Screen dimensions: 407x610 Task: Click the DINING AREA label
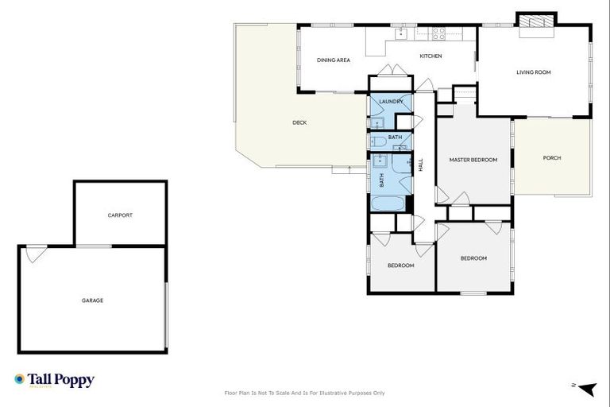coord(333,60)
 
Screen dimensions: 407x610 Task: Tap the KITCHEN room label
coord(430,56)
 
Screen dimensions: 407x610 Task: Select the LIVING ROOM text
coord(533,72)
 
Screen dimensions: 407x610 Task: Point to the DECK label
coord(299,122)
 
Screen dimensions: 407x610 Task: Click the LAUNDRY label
coord(391,102)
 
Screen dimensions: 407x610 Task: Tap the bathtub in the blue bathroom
coord(389,202)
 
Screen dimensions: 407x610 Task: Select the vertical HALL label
coord(420,165)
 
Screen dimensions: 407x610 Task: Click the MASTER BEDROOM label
coord(473,160)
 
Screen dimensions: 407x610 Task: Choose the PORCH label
coord(552,157)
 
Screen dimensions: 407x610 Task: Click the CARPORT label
coord(120,215)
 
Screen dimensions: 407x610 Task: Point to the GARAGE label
coord(92,300)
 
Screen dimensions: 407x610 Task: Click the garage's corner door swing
coord(33,254)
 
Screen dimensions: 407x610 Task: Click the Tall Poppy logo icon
coord(19,379)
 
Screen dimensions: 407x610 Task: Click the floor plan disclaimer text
coord(305,393)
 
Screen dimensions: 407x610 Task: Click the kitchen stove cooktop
coord(438,33)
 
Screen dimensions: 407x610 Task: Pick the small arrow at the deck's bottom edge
coord(350,169)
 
